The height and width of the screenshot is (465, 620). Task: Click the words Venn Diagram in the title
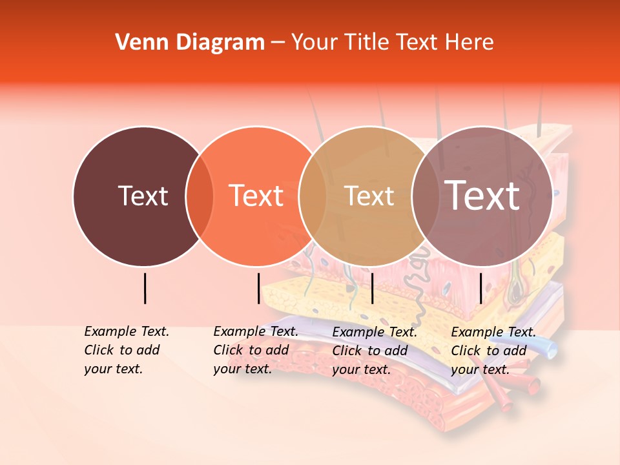pyautogui.click(x=190, y=43)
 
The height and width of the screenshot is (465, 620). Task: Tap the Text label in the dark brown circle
pyautogui.click(x=143, y=196)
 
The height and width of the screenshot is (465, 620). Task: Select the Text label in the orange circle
pyautogui.click(x=256, y=196)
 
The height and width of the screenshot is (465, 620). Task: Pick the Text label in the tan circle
pyautogui.click(x=369, y=196)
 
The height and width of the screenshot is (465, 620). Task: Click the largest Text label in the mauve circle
pyautogui.click(x=482, y=195)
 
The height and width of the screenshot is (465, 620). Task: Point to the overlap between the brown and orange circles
pyautogui.click(x=200, y=196)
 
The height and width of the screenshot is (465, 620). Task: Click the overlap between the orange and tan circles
pyautogui.click(x=313, y=196)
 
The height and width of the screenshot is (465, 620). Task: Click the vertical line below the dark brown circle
pyautogui.click(x=145, y=288)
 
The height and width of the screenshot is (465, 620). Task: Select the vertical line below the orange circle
pyautogui.click(x=258, y=288)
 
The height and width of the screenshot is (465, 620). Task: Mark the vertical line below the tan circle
pyautogui.click(x=372, y=288)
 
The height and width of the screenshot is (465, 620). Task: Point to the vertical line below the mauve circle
pyautogui.click(x=480, y=288)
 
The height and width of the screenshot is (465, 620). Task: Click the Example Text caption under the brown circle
pyautogui.click(x=126, y=350)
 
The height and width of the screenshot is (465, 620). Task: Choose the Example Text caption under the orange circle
pyautogui.click(x=255, y=350)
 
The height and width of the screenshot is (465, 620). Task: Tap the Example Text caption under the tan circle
pyautogui.click(x=374, y=351)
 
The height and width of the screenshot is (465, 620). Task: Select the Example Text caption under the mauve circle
pyautogui.click(x=493, y=351)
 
